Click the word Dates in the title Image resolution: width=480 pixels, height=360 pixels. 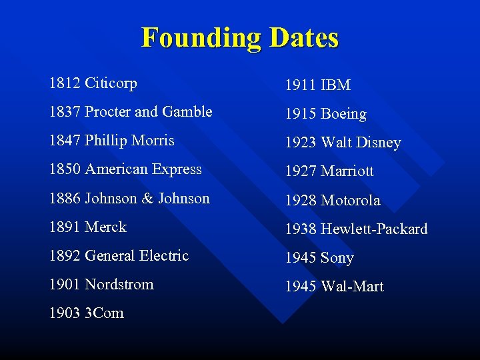tap(304, 38)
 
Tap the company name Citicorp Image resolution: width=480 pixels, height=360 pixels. tap(111, 83)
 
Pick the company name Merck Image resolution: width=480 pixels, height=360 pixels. tap(105, 227)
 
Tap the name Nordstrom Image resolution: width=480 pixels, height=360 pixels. tap(119, 284)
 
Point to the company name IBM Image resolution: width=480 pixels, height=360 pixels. tap(335, 85)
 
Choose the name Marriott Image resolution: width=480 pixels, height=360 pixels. tap(347, 171)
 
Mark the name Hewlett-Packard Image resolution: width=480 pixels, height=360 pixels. tap(374, 229)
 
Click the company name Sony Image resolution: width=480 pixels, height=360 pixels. tap(337, 257)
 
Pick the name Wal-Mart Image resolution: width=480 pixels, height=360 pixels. tap(352, 286)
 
